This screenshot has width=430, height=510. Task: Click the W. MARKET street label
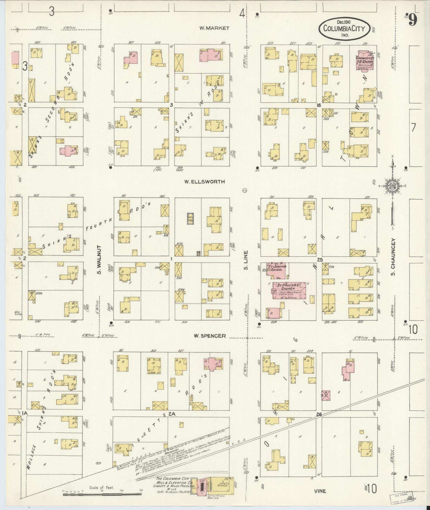[x=214, y=28]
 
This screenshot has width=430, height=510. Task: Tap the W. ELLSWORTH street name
[x=205, y=182]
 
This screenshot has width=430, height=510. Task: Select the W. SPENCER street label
[x=209, y=336]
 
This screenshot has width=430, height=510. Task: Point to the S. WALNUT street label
[x=99, y=260]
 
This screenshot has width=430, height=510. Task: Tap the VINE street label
[x=320, y=491]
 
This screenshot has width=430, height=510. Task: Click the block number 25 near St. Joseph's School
[x=320, y=260]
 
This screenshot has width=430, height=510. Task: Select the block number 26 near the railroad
[x=319, y=414]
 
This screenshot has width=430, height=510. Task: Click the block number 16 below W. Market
[x=319, y=105]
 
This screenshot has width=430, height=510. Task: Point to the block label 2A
[x=172, y=414]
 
